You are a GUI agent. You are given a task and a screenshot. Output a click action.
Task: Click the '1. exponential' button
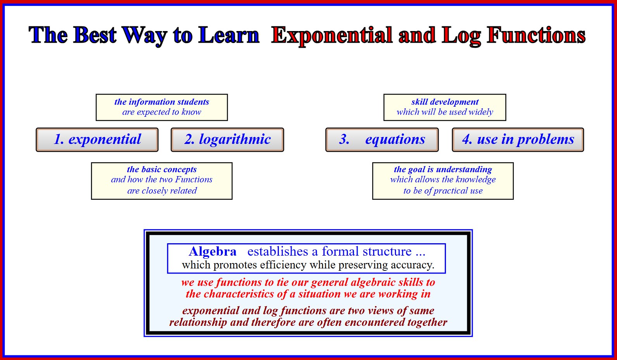pyautogui.click(x=97, y=140)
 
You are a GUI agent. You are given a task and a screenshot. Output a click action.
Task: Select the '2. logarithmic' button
pyautogui.click(x=227, y=140)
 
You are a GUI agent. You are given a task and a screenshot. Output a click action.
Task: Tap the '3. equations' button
pyautogui.click(x=382, y=140)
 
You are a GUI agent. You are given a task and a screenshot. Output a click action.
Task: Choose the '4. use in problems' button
pyautogui.click(x=518, y=140)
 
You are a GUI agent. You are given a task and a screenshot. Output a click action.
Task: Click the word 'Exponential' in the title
pyautogui.click(x=332, y=36)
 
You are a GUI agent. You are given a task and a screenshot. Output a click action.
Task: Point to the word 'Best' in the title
pyautogui.click(x=95, y=35)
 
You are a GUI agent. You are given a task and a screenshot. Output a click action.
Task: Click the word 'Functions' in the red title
pyautogui.click(x=536, y=35)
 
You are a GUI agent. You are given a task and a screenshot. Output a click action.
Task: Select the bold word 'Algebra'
pyautogui.click(x=213, y=251)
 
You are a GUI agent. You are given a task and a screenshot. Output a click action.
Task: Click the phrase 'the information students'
pyautogui.click(x=162, y=102)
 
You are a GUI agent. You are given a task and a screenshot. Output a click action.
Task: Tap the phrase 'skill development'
pyautogui.click(x=445, y=102)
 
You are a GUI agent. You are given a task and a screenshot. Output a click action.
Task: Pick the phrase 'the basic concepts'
pyautogui.click(x=162, y=169)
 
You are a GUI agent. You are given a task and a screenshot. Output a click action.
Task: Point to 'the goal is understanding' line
pyautogui.click(x=443, y=169)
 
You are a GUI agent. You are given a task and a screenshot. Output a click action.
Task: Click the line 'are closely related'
pyautogui.click(x=162, y=190)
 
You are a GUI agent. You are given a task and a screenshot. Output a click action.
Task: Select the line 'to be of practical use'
pyautogui.click(x=443, y=190)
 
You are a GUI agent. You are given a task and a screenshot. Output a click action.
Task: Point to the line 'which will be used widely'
pyautogui.click(x=445, y=112)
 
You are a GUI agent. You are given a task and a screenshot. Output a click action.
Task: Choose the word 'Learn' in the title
pyautogui.click(x=229, y=35)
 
